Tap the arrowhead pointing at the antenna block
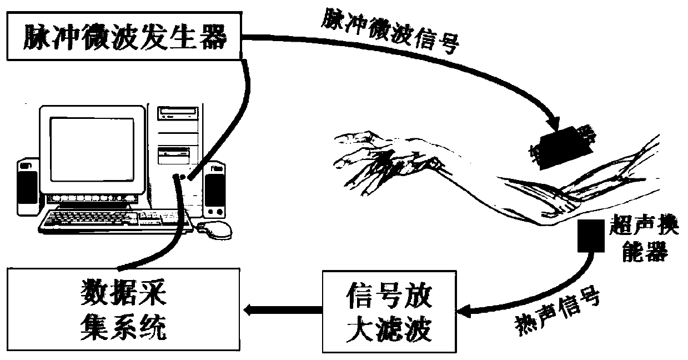[554, 125]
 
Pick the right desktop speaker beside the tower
[214, 189]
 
